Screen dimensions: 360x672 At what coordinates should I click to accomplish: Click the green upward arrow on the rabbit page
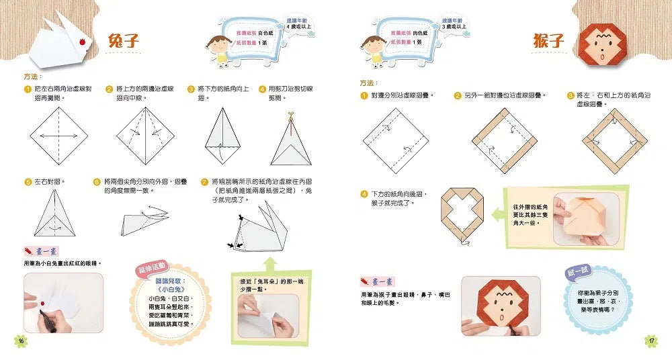(x=270, y=262)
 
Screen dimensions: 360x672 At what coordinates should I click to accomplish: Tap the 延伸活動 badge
(x=154, y=267)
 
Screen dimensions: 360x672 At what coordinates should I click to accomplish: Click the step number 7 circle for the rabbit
(x=204, y=181)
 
